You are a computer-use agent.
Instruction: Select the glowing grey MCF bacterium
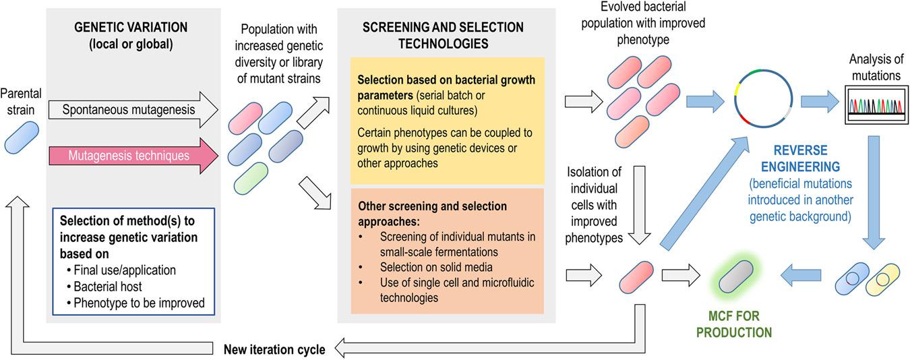(735, 276)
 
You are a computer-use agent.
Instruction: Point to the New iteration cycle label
(274, 349)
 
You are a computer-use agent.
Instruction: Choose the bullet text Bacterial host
(108, 286)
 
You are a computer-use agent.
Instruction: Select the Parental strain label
(22, 100)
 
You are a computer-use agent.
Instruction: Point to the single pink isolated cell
(637, 275)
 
